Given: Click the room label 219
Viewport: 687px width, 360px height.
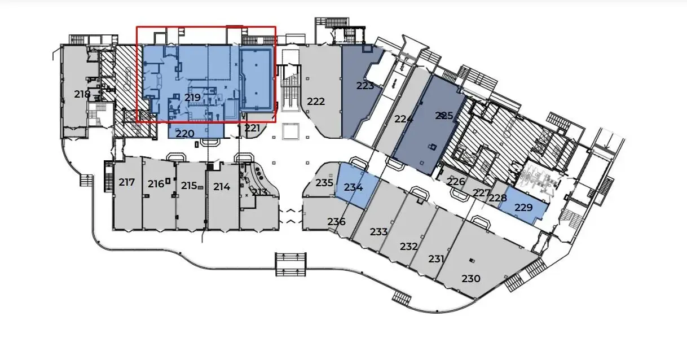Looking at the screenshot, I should point(192,98).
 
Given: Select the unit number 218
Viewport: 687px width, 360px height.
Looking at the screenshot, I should point(82,94).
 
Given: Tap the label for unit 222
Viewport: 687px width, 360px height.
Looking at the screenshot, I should point(316,102).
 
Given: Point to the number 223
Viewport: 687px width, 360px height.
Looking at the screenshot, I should point(365,86).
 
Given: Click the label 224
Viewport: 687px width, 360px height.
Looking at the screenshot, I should point(404,120).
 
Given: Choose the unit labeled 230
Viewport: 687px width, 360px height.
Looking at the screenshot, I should point(471,278).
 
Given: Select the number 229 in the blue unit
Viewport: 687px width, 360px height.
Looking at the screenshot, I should point(523,208).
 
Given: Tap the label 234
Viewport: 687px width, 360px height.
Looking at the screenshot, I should point(353,187).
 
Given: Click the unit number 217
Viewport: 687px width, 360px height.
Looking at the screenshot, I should point(127,182).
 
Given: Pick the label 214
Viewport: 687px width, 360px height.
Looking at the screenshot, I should point(222,187).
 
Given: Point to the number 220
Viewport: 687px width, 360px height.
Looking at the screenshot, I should point(185,134).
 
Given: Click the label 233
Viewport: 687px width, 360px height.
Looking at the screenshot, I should point(378,232).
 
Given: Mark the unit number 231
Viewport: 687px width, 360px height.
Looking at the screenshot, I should point(437,259).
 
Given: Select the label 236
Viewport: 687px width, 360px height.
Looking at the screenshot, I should point(336,222).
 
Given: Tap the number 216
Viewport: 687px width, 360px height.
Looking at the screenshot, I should point(156,184).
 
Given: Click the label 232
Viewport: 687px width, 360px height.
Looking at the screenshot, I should point(408,247).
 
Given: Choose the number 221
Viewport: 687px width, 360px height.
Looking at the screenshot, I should point(252,128).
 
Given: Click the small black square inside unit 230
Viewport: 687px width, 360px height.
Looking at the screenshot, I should point(472,260).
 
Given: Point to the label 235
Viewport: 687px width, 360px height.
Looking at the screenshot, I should point(324,183).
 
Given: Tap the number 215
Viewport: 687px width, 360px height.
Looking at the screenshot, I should point(189,186).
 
